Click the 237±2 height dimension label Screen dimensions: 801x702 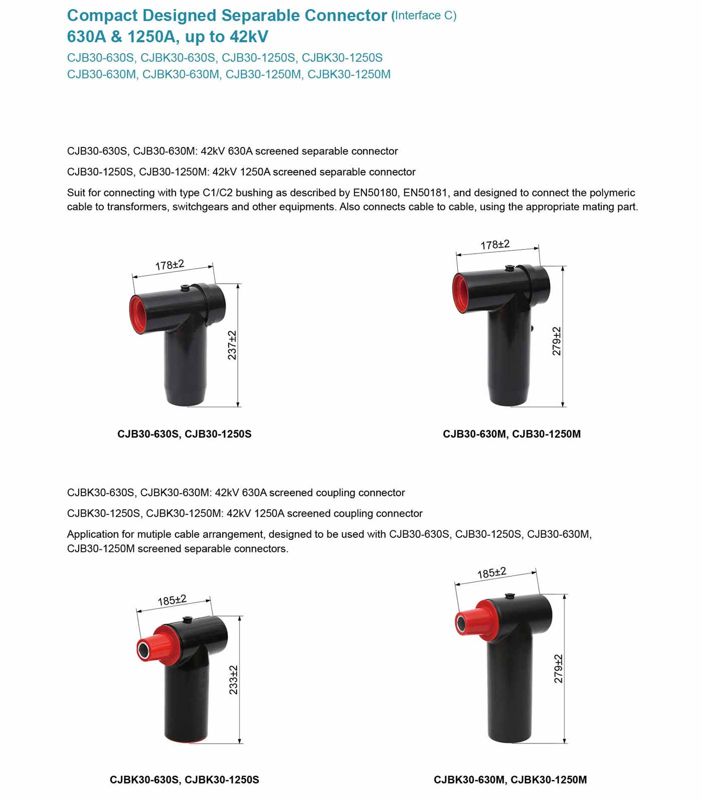(232, 345)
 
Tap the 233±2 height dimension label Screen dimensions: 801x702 (233, 680)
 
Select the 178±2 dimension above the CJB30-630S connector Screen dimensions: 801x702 (169, 265)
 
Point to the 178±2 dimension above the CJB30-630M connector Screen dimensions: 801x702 (495, 245)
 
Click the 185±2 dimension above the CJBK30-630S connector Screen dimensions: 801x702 (172, 600)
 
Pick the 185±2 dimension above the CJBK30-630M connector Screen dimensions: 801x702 (491, 573)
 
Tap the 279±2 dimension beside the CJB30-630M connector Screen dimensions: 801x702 (557, 341)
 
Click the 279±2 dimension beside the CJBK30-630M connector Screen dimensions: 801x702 (558, 669)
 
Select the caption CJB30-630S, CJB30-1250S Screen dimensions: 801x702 (185, 434)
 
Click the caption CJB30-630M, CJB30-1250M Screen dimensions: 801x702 (511, 434)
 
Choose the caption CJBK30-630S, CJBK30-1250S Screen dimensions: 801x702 (185, 780)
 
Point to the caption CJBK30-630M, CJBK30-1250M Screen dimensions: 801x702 (510, 780)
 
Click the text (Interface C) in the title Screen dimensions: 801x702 (424, 16)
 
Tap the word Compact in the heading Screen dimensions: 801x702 (102, 16)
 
